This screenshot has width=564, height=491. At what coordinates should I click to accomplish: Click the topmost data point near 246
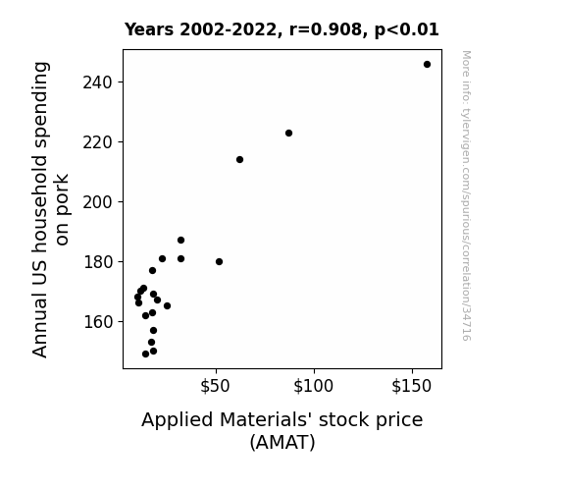pos(427,65)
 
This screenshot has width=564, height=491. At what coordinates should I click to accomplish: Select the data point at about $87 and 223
pos(288,133)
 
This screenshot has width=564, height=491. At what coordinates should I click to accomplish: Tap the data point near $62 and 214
pos(239,160)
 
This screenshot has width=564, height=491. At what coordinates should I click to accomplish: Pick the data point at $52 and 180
pos(219,261)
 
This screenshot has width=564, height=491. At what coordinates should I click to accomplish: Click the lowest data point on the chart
pos(145,355)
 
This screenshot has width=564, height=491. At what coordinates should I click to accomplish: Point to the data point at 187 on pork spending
pos(180,240)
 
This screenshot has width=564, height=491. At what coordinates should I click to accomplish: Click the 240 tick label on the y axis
pos(97,82)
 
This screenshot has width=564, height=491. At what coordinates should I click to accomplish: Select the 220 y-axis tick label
pos(97,142)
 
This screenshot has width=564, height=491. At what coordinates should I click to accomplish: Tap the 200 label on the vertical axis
pos(97,202)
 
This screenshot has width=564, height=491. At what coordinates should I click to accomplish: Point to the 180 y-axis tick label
pos(98,262)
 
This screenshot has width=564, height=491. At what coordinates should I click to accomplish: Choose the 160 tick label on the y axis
pos(98,322)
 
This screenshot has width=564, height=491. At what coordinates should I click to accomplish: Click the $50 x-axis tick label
pos(215,386)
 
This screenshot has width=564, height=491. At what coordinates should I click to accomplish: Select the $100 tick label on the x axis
pos(313,386)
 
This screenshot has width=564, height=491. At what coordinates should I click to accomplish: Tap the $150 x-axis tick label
pos(412,386)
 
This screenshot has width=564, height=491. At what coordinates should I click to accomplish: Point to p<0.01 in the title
pos(407,30)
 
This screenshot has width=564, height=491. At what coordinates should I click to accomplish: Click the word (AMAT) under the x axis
pos(282,442)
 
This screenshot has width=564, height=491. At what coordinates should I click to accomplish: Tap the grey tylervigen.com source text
pos(466,195)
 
